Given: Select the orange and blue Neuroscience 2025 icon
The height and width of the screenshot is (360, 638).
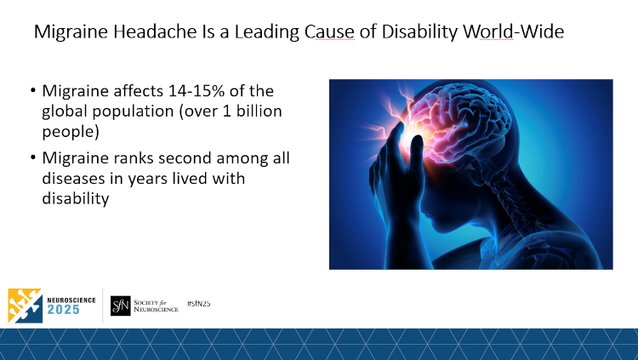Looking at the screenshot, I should click(x=25, y=306).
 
